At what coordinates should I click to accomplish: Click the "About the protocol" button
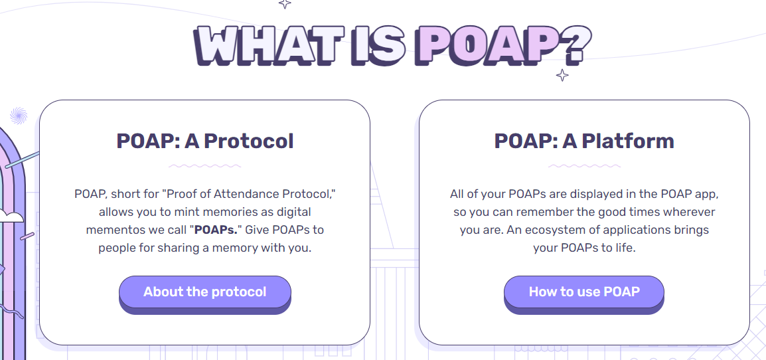(x=204, y=292)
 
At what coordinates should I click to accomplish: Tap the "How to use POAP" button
(x=583, y=292)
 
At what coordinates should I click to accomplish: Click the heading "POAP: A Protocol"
(x=204, y=141)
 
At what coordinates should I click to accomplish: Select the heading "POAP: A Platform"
(x=584, y=141)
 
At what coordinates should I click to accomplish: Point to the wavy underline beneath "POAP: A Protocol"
(x=204, y=166)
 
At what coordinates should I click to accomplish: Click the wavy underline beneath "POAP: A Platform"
(x=584, y=166)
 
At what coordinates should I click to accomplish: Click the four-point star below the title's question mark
(x=562, y=75)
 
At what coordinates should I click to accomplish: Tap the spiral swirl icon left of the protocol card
(x=19, y=116)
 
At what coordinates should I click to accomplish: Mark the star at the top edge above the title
(x=285, y=3)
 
